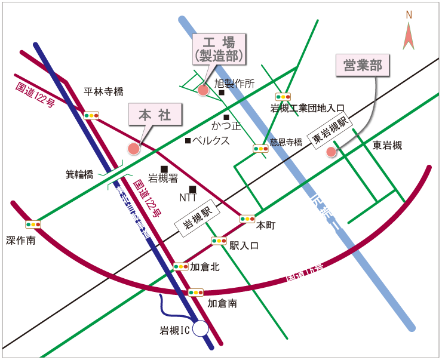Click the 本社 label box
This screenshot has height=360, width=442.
[155, 115]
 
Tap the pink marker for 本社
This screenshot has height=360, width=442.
[134, 148]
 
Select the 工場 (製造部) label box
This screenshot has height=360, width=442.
[219, 49]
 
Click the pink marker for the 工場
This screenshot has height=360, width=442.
[203, 90]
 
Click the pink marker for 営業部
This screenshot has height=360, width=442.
[331, 152]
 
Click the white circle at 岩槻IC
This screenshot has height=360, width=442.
[201, 328]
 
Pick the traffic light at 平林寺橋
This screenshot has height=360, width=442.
[91, 115]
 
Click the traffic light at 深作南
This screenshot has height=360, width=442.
[33, 224]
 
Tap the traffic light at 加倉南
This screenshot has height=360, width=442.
[196, 293]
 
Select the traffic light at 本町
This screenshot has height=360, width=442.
[247, 219]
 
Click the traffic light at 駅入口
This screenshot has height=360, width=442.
[219, 241]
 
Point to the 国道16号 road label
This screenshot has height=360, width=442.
[304, 272]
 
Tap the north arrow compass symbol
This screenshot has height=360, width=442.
[409, 33]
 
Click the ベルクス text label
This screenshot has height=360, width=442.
[210, 141]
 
